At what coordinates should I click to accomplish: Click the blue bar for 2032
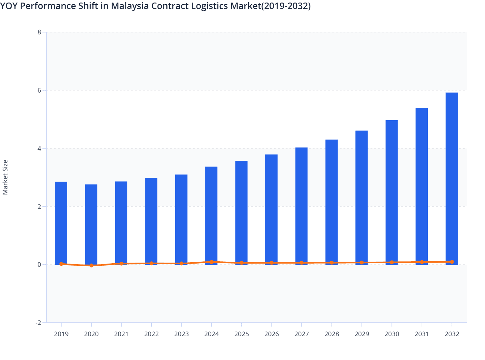coord(452,178)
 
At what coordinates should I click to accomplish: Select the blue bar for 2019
coord(61,223)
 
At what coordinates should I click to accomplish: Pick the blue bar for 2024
coord(211,215)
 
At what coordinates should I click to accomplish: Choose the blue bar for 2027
coord(301,206)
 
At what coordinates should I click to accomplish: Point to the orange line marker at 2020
coord(91,265)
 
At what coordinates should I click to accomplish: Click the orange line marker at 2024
coord(211,262)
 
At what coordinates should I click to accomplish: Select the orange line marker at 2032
coord(452,262)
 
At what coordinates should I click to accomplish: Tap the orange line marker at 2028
coord(332,263)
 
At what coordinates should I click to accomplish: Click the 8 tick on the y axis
coord(39,32)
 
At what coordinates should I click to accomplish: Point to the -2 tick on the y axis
coord(38,323)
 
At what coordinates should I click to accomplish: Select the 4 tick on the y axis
coord(39,148)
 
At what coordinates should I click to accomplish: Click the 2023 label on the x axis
coord(181,334)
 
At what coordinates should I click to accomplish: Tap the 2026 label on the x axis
coord(271,334)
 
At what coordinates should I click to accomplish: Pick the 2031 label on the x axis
coord(422,334)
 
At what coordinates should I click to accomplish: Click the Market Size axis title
coord(5,177)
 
